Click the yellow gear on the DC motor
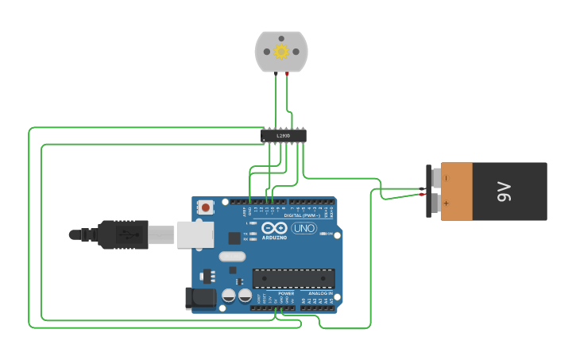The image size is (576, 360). [x=281, y=52]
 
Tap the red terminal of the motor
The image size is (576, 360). [x=287, y=74]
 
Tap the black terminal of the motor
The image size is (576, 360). [x=276, y=74]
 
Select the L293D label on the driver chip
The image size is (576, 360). [x=284, y=136]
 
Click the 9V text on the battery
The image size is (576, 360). [x=503, y=192]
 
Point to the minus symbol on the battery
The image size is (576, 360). [x=446, y=176]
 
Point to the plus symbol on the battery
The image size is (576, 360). [x=446, y=203]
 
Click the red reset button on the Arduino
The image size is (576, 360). [x=206, y=207]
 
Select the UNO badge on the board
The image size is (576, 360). [x=303, y=229]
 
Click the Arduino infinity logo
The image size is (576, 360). [x=274, y=228]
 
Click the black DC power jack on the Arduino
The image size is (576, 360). [x=199, y=298]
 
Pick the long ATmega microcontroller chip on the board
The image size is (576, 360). [x=293, y=279]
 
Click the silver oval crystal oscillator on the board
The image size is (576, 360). [x=232, y=256]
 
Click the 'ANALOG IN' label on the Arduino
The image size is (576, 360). [x=320, y=293]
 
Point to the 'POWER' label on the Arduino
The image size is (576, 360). [x=286, y=293]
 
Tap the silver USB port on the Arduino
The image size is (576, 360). [x=195, y=234]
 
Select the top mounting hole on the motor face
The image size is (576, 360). [x=281, y=38]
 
